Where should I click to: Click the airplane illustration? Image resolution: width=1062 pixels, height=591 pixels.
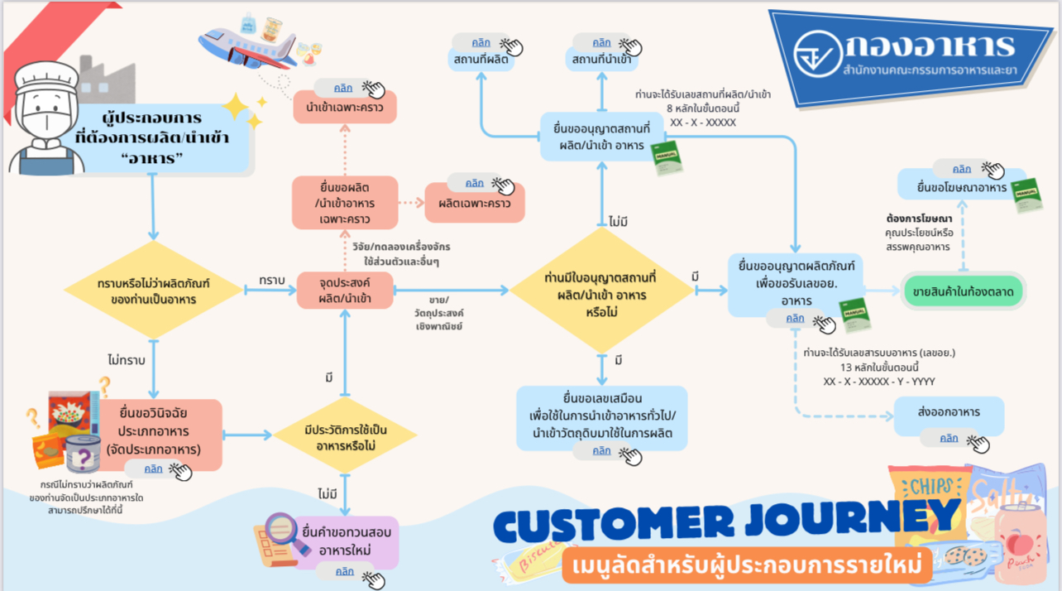[247, 49]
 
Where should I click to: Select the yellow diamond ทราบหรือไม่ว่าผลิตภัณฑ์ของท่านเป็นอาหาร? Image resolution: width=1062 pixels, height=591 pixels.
[153, 289]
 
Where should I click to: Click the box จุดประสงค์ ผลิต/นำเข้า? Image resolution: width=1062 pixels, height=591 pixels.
[344, 290]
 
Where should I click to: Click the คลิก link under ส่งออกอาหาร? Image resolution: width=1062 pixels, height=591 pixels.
[949, 439]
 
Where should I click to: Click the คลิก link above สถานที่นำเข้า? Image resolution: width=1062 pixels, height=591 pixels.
[601, 42]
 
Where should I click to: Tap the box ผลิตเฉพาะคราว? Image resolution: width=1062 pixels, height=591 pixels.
[475, 204]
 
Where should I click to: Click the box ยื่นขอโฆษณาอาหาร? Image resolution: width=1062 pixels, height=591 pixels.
[962, 188]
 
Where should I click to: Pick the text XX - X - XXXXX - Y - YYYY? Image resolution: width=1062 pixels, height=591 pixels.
[878, 382]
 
